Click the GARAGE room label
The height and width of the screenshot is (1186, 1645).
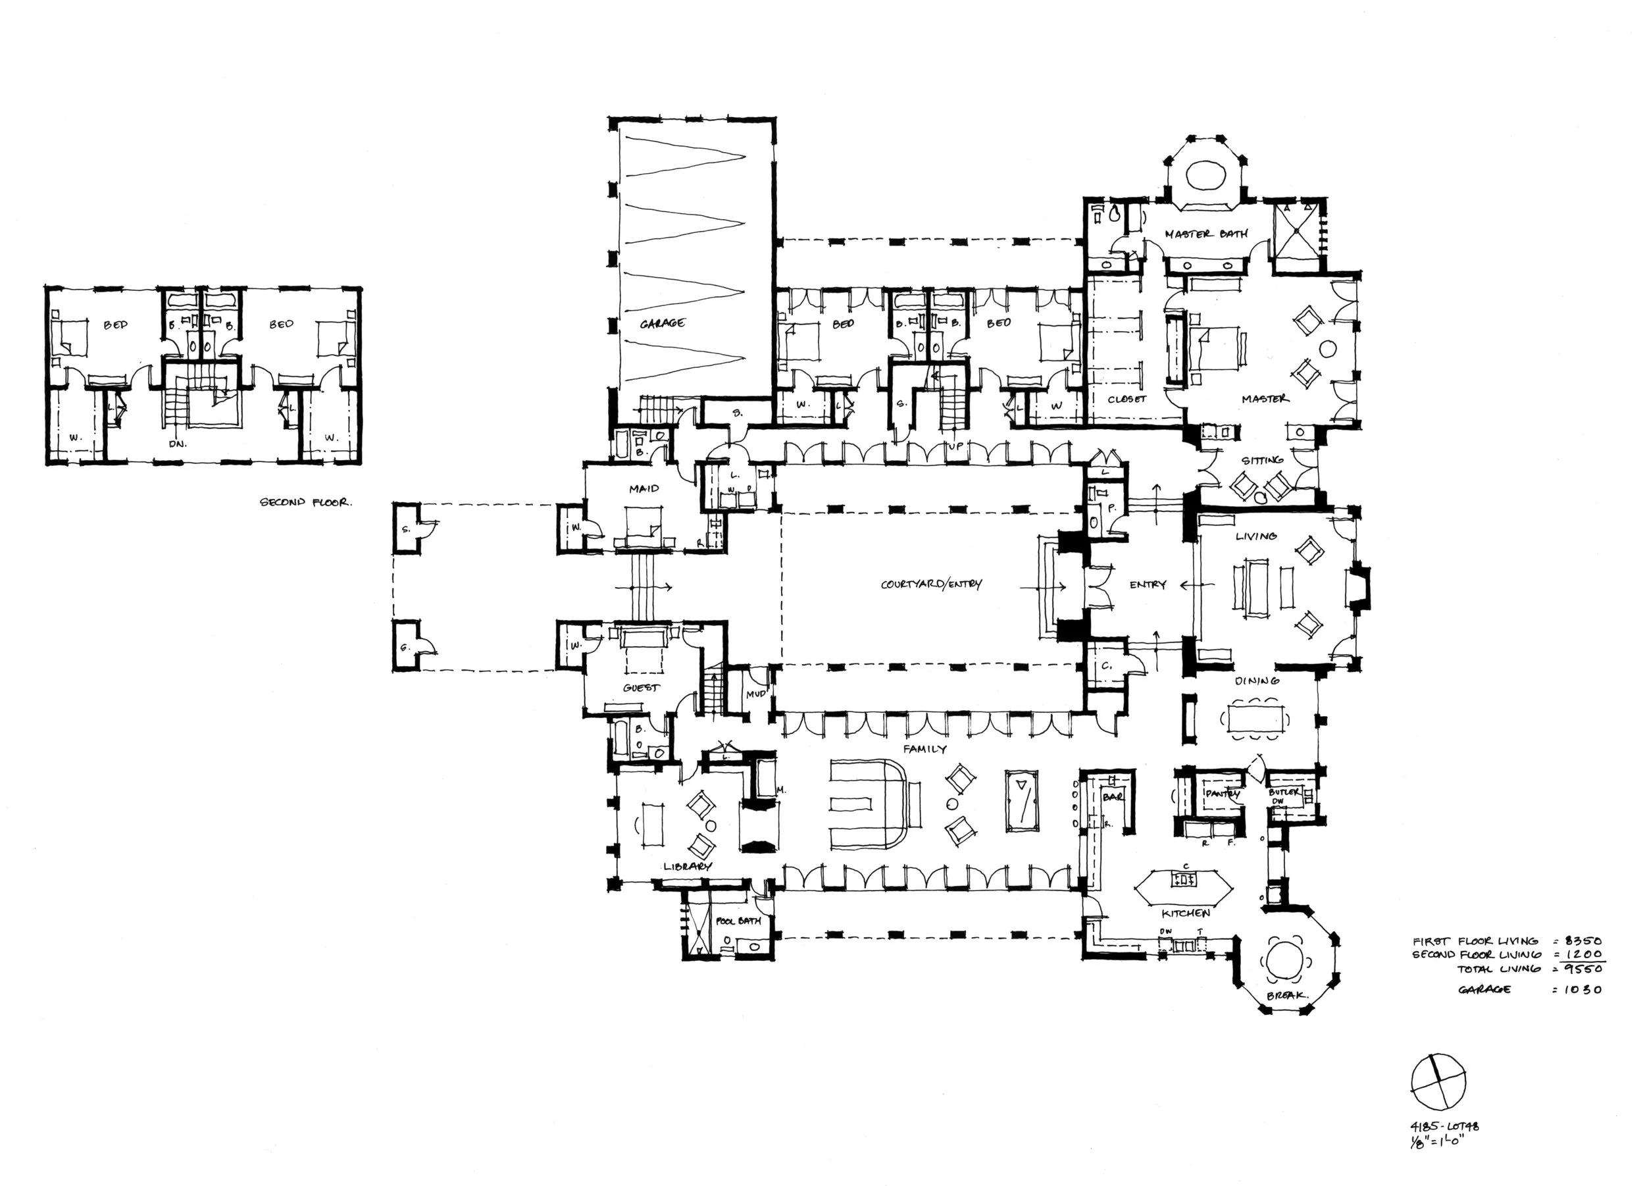pos(662,324)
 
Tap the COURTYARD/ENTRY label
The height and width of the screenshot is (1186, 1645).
pos(931,584)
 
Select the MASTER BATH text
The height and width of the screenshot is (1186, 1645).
pos(1206,234)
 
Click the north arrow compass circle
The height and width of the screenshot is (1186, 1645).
pos(1438,1082)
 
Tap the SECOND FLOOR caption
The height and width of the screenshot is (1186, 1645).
pos(306,502)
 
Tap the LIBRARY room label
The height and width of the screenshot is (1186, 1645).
pos(688,866)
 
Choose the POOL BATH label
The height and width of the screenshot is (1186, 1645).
pos(738,921)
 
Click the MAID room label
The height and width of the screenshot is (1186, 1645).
pos(644,489)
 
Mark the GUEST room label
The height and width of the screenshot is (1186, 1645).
pos(641,687)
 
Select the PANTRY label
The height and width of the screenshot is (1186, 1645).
pos(1223,794)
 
